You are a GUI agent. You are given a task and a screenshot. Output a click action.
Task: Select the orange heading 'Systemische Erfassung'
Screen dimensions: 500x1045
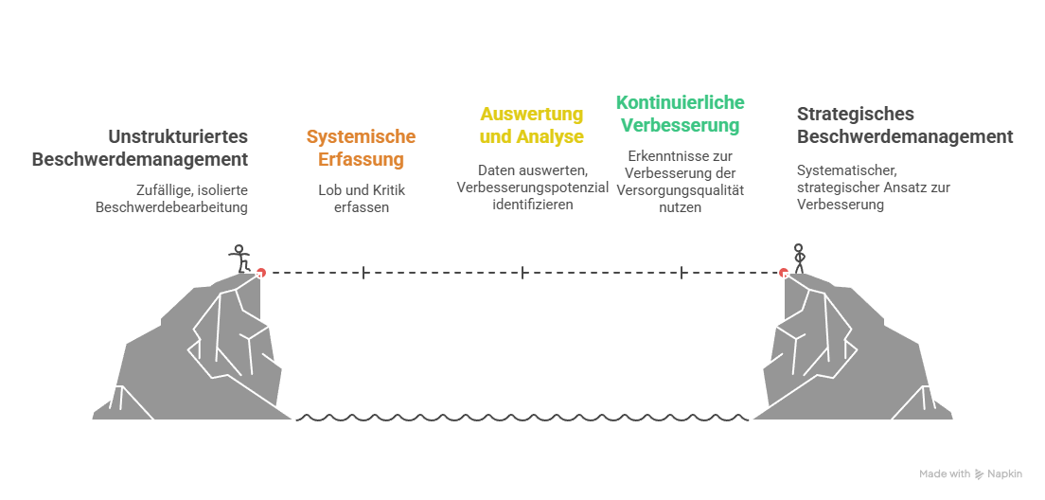pos(361,149)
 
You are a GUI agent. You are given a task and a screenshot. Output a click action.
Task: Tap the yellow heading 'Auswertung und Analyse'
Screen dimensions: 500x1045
pos(531,125)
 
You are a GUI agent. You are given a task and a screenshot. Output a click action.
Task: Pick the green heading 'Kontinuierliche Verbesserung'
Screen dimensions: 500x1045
pos(680,113)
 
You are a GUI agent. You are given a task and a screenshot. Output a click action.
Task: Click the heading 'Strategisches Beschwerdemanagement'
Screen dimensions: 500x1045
pos(904,125)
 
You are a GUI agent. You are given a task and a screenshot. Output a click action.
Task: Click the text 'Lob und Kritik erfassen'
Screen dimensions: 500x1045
pos(361,198)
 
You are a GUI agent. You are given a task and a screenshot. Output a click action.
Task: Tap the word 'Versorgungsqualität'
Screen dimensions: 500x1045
pos(680,189)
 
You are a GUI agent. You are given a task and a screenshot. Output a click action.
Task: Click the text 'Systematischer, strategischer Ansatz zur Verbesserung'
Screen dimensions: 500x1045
pos(873,187)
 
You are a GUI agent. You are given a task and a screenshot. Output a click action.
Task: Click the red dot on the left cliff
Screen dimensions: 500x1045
pos(261,272)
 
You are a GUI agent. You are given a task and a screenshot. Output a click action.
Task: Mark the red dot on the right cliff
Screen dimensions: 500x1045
pos(784,272)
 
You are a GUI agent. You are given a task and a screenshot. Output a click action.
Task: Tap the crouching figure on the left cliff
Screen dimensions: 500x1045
pos(240,258)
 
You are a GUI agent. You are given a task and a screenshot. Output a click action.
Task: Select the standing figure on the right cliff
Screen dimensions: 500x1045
pos(798,259)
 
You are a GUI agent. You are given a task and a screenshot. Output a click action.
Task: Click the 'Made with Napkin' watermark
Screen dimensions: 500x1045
pos(970,473)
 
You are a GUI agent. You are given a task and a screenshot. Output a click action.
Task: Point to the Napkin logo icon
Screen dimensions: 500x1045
pos(979,473)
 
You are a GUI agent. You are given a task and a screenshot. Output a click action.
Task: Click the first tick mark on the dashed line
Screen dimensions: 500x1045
pos(363,273)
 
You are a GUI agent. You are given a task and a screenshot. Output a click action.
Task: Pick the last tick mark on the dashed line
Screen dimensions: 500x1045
pos(681,273)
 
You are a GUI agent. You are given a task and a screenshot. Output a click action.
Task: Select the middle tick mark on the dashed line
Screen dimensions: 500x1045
pos(522,273)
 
